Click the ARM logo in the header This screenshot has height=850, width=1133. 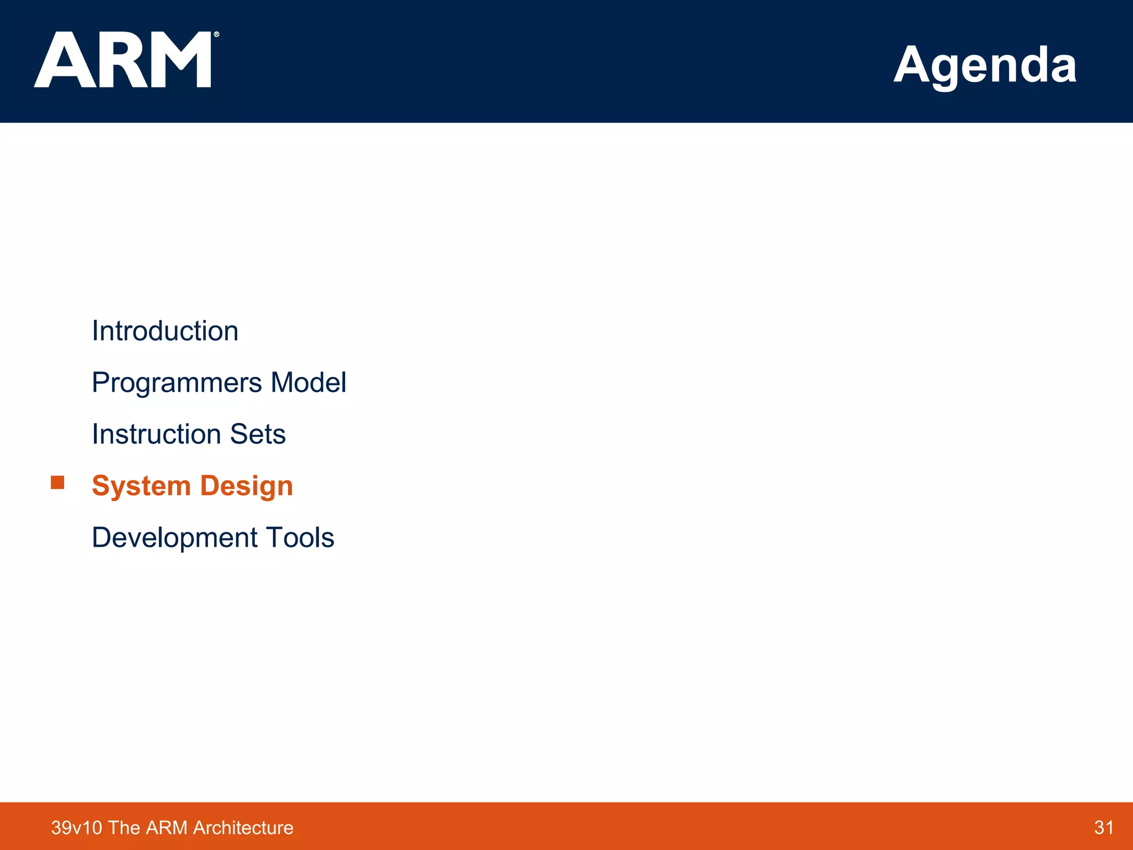(x=123, y=60)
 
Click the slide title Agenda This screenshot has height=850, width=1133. (x=985, y=65)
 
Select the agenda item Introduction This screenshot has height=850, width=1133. (x=165, y=331)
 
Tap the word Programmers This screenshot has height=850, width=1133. (x=176, y=383)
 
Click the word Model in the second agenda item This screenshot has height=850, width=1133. (x=308, y=382)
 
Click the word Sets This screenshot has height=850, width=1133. (x=258, y=434)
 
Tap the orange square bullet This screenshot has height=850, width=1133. (x=58, y=483)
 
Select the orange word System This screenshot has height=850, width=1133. (x=141, y=486)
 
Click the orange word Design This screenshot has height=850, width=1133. (x=246, y=486)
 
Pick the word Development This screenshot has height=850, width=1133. (x=174, y=537)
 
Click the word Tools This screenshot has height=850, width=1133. (x=300, y=537)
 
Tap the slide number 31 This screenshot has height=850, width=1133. (x=1104, y=827)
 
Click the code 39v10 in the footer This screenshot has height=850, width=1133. (x=76, y=827)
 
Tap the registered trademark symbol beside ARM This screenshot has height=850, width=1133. (x=216, y=34)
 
